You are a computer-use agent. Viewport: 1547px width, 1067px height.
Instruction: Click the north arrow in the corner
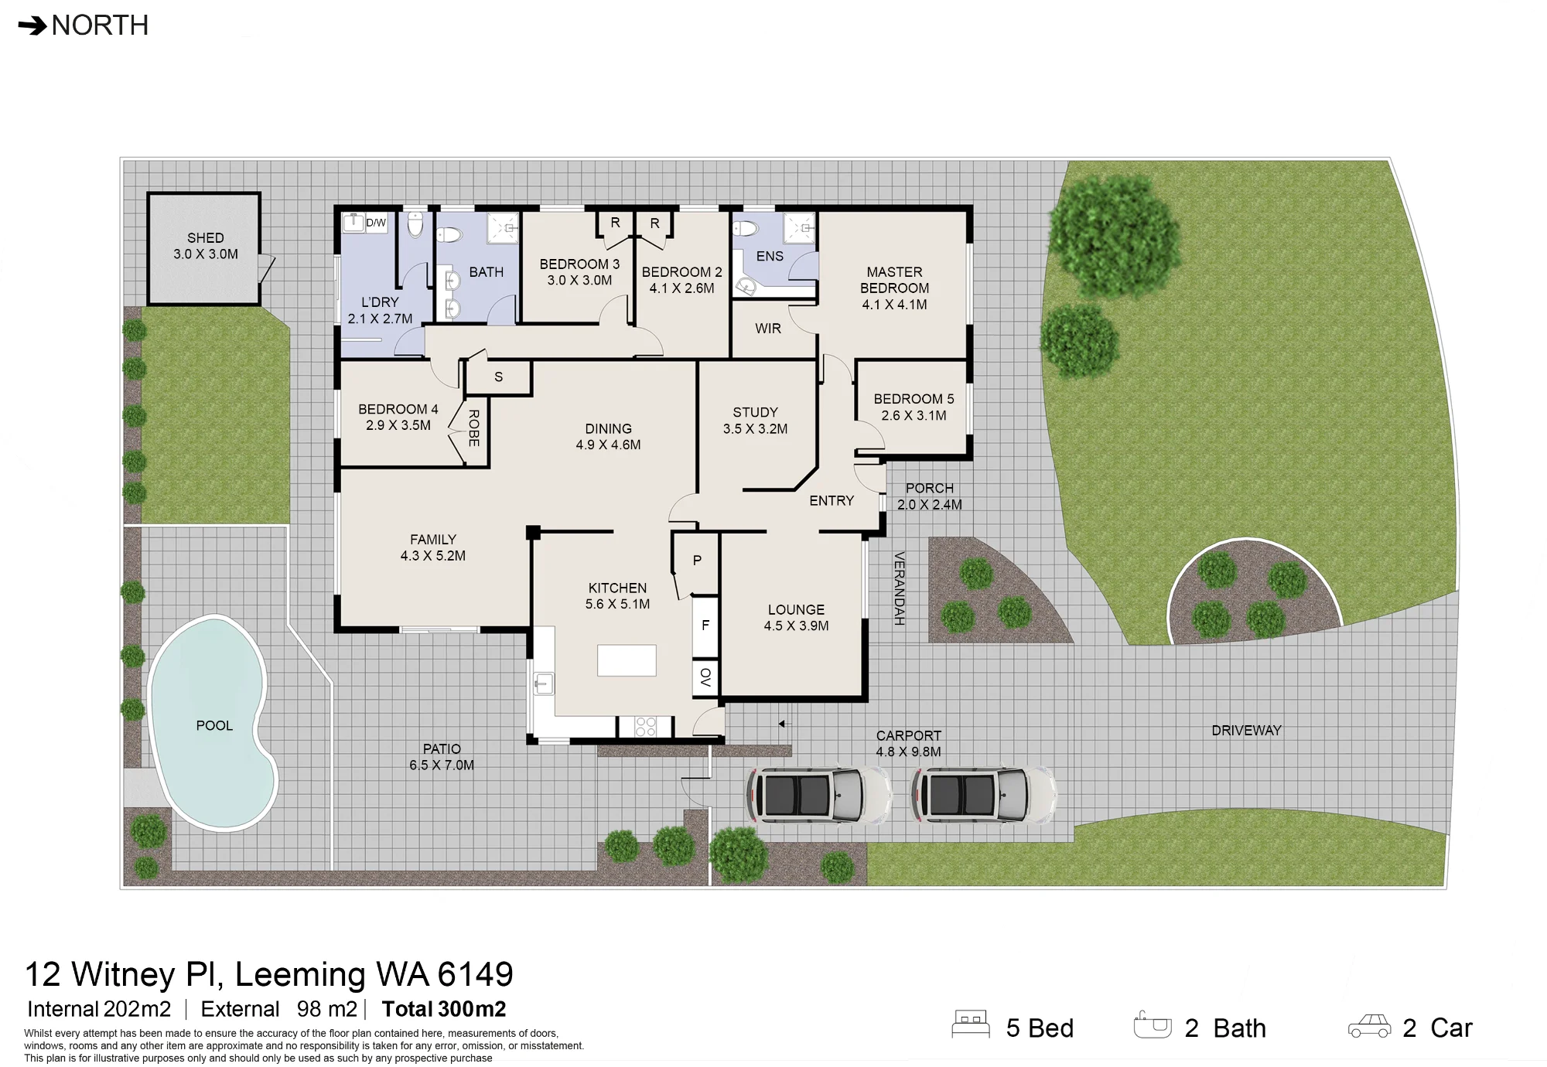click(x=32, y=27)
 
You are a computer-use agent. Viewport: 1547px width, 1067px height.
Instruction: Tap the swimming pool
click(x=212, y=723)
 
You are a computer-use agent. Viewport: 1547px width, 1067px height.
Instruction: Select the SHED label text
click(x=206, y=238)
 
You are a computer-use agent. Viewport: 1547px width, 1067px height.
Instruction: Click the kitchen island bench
click(x=627, y=660)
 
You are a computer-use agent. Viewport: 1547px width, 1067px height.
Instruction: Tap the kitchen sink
click(x=544, y=683)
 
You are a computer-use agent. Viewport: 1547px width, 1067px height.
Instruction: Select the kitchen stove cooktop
click(x=645, y=727)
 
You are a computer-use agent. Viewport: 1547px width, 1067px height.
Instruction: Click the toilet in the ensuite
click(x=746, y=228)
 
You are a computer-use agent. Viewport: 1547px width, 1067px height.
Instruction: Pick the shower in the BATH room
click(x=503, y=229)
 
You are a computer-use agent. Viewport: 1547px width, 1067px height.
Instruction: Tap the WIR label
click(x=768, y=329)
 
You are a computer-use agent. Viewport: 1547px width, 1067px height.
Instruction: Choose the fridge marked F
click(x=705, y=626)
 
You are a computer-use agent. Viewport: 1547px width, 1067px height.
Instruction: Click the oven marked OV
click(x=705, y=678)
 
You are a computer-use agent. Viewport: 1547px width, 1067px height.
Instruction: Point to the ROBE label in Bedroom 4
click(x=474, y=428)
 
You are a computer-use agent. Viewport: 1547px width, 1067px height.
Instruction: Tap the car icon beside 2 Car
click(x=1369, y=1026)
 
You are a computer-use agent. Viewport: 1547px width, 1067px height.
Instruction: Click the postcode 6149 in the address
click(x=475, y=974)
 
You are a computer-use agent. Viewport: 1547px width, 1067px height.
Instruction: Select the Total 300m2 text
click(x=444, y=1009)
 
